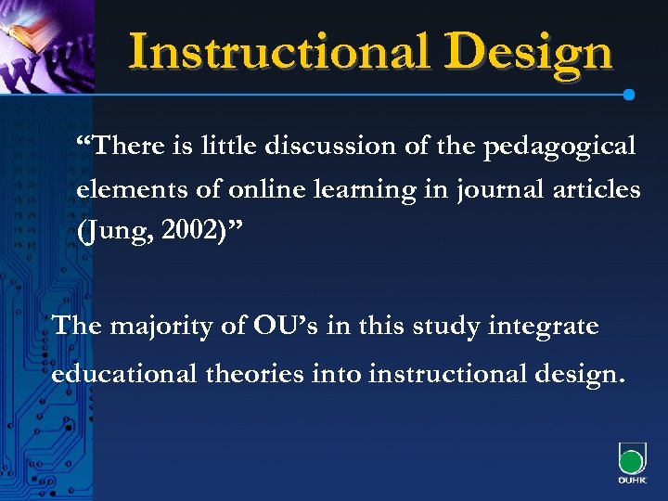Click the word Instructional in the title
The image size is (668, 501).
(279, 51)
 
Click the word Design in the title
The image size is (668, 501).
(530, 53)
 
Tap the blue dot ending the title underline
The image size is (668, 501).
(629, 95)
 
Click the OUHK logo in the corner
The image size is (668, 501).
(631, 464)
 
